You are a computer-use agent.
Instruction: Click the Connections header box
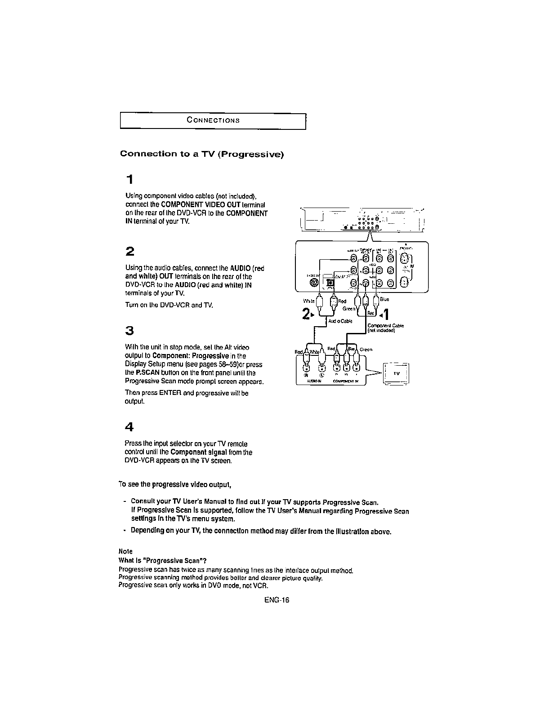(x=213, y=120)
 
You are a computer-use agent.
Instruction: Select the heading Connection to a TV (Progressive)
(x=202, y=154)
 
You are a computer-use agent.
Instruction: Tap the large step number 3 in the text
(x=129, y=331)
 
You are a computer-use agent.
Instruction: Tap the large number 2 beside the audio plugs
(x=306, y=315)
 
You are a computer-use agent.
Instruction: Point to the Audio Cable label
(x=340, y=321)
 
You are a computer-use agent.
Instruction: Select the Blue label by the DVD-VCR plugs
(x=384, y=299)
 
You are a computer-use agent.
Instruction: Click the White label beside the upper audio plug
(x=309, y=301)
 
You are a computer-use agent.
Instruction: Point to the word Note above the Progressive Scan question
(x=125, y=551)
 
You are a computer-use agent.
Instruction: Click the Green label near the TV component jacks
(x=366, y=349)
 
